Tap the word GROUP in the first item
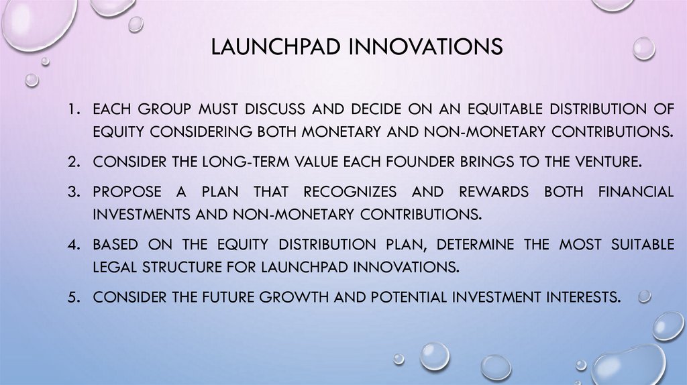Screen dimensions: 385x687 tap(166, 109)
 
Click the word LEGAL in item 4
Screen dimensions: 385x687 tap(116, 266)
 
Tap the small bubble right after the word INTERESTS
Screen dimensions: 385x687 tap(644, 296)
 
